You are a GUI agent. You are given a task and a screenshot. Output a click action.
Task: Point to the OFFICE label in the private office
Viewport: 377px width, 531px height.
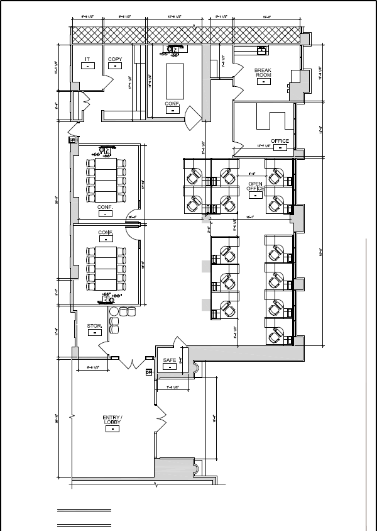[280, 140]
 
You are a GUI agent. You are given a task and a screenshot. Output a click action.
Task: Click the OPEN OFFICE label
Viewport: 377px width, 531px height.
[254, 186]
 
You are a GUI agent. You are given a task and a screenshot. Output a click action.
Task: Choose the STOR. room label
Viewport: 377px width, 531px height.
[94, 326]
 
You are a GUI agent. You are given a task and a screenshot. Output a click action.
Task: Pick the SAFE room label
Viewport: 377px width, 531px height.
[169, 361]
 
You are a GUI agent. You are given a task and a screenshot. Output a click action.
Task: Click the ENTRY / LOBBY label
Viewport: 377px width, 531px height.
[112, 420]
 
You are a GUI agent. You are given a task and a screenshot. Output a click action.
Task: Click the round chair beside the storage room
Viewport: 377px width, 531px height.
[114, 311]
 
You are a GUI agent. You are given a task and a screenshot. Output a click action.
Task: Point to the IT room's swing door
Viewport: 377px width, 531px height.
[107, 81]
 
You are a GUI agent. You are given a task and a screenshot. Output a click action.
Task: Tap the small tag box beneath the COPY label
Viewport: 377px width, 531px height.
[115, 65]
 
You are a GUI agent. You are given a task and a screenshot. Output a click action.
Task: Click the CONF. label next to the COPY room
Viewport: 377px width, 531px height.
[172, 103]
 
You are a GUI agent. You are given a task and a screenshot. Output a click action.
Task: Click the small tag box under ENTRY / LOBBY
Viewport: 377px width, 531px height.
[112, 429]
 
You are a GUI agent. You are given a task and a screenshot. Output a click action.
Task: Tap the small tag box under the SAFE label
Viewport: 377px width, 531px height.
[169, 366]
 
